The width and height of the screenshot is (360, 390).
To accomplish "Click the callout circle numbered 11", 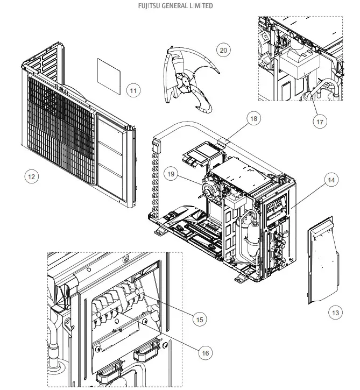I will [x=133, y=90].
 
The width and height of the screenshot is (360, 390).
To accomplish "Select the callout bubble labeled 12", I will [x=32, y=176].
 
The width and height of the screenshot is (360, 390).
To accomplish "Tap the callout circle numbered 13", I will [x=335, y=312].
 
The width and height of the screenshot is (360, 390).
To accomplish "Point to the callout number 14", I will [x=332, y=180].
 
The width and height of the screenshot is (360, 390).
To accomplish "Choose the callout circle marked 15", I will [x=200, y=319].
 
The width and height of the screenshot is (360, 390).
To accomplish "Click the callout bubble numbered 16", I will [x=204, y=353].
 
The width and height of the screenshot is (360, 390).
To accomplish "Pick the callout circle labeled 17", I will [x=320, y=122].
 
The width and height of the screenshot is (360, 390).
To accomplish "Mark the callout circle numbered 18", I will [x=253, y=118].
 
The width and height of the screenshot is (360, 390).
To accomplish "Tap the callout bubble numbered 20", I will [x=223, y=50].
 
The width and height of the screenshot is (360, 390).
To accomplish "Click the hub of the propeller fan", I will [x=186, y=81].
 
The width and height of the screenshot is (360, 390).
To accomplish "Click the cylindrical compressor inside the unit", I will [x=249, y=237].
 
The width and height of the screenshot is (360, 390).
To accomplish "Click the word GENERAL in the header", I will [x=173, y=6].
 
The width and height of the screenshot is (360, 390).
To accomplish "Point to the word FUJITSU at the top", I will [x=150, y=6].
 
